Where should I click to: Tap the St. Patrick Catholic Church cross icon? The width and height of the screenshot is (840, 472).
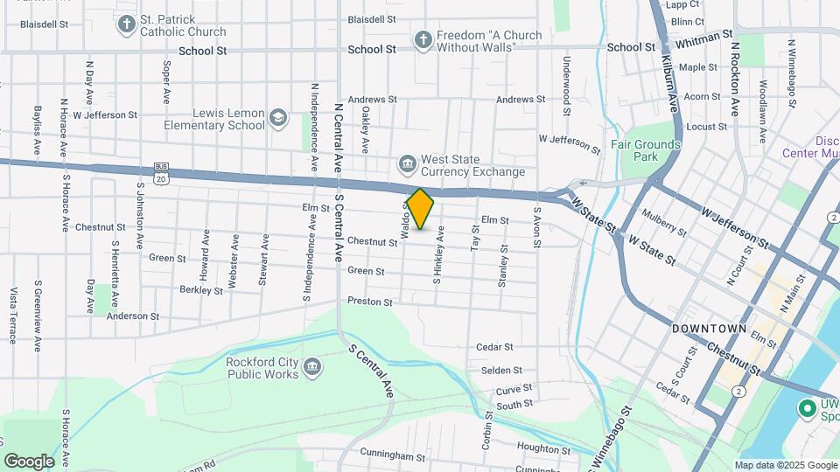point(126,24)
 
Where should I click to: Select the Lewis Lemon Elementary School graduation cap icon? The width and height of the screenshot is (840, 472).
point(278,118)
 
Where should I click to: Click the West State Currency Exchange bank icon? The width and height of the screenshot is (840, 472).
point(407,164)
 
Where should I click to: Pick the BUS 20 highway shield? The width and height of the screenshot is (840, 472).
point(160,173)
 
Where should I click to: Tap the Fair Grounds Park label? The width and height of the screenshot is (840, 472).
point(646,150)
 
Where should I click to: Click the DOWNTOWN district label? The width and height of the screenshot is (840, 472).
point(709,329)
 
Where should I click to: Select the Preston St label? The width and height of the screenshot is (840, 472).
point(370,302)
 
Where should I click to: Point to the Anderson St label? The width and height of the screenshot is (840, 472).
point(133,316)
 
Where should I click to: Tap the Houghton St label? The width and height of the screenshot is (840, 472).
point(543,447)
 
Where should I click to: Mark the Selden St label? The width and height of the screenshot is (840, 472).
point(501,371)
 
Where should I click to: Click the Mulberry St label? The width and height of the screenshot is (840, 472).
point(663,221)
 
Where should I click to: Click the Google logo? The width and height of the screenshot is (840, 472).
point(29,461)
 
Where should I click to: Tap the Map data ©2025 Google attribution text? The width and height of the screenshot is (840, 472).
point(785,465)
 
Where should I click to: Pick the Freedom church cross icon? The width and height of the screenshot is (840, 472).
point(423,40)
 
